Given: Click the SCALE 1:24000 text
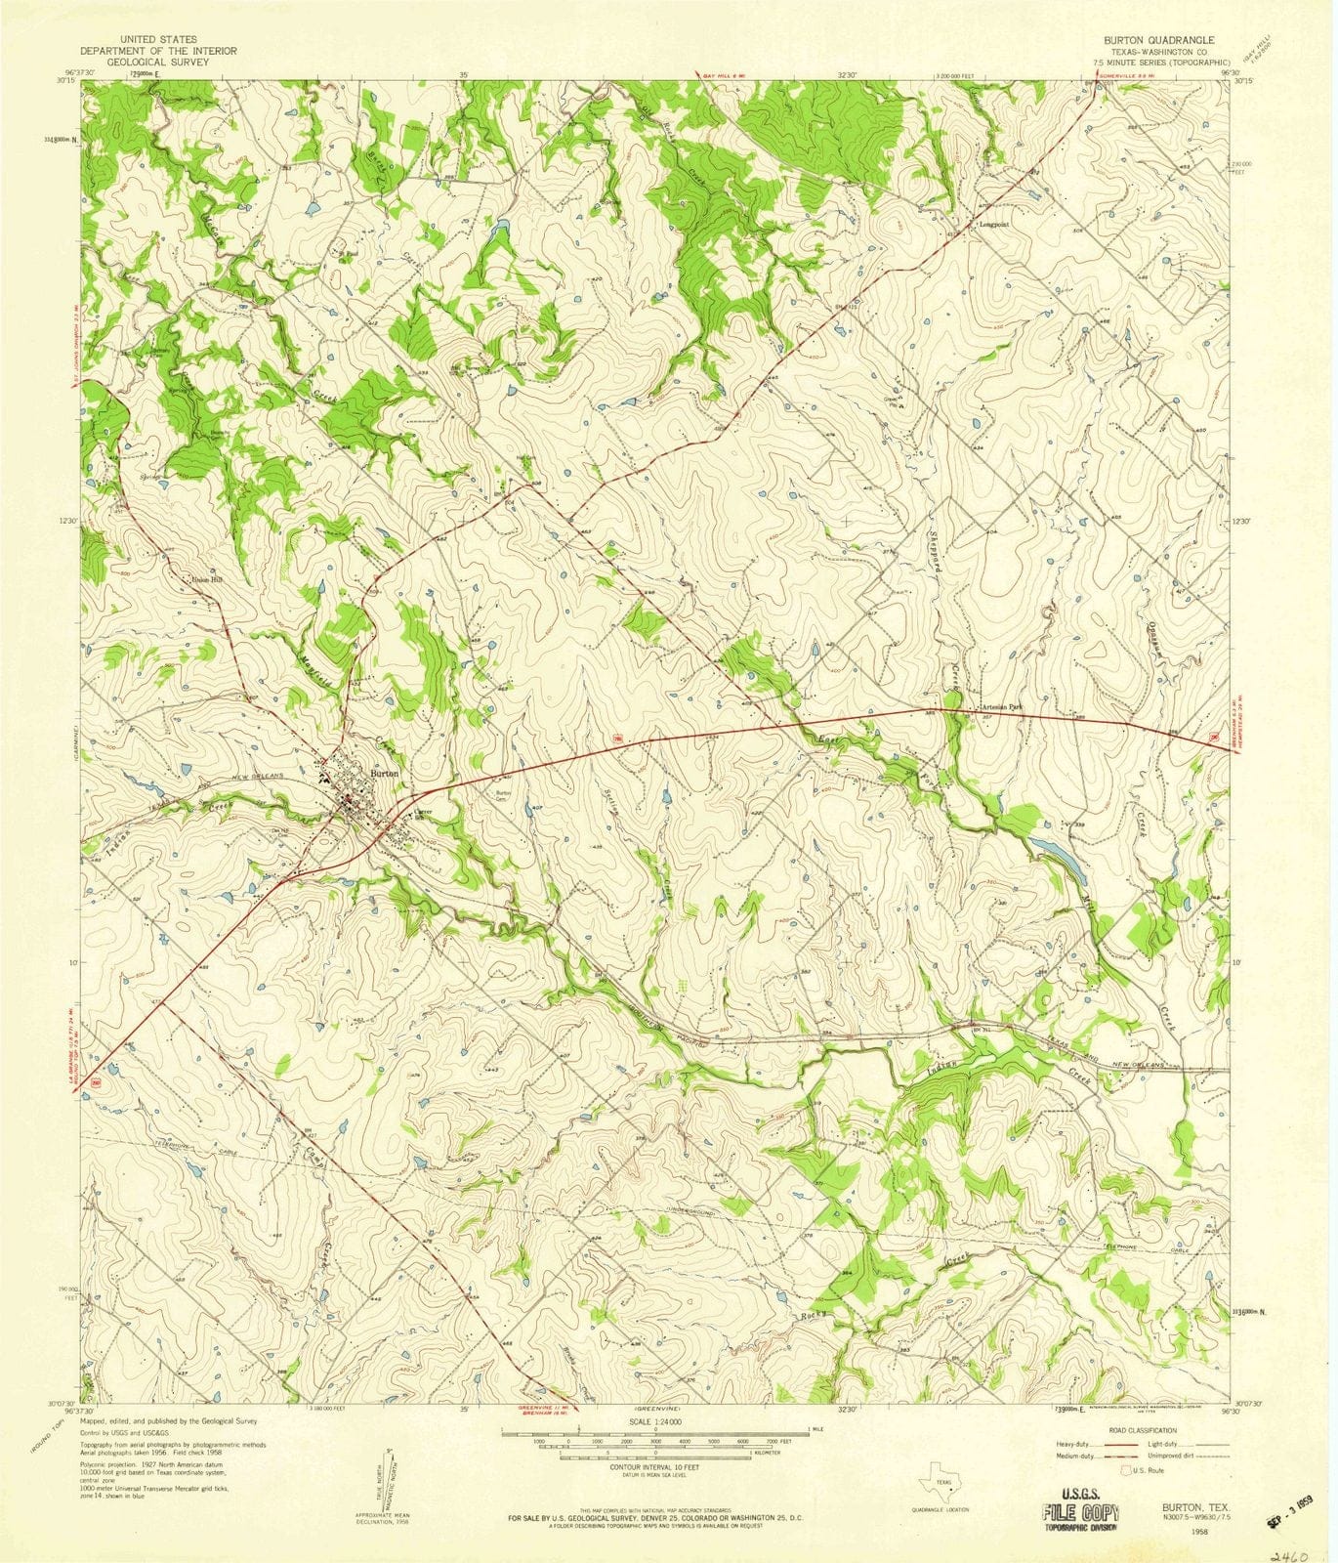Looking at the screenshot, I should point(654,1422).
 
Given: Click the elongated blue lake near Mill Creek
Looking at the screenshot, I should point(1057,853).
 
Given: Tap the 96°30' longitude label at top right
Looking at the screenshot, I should point(1216,70).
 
